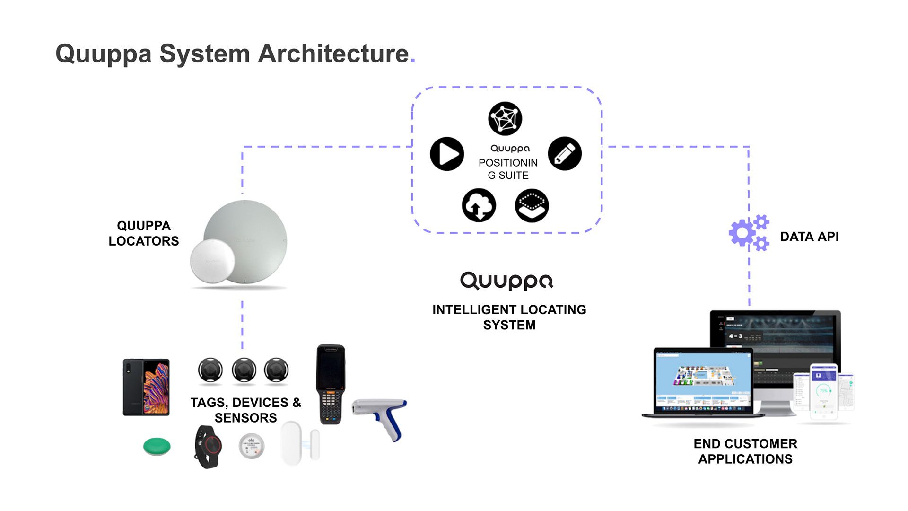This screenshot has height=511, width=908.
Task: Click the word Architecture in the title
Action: tap(333, 53)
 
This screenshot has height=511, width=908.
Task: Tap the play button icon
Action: tap(447, 154)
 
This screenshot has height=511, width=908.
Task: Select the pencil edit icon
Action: tap(565, 154)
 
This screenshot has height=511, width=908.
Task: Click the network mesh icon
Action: tap(505, 118)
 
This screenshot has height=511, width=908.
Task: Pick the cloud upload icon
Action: tap(479, 205)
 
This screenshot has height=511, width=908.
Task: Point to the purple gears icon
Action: tap(749, 233)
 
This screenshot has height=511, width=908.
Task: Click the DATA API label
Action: tap(809, 237)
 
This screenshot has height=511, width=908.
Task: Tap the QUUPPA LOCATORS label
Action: tap(144, 233)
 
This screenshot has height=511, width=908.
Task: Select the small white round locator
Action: tap(212, 262)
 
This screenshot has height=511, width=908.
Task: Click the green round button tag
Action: tap(157, 446)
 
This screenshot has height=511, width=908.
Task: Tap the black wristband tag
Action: tap(209, 446)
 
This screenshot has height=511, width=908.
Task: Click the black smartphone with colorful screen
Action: tap(146, 387)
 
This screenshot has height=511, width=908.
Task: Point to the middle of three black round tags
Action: tap(244, 370)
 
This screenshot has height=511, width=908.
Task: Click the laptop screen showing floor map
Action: tap(703, 381)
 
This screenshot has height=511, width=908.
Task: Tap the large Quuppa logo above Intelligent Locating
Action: tap(506, 281)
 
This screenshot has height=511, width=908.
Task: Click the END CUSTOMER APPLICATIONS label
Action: tap(745, 451)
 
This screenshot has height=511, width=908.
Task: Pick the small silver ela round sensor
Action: tap(252, 446)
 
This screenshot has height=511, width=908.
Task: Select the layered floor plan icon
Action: tap(532, 205)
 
